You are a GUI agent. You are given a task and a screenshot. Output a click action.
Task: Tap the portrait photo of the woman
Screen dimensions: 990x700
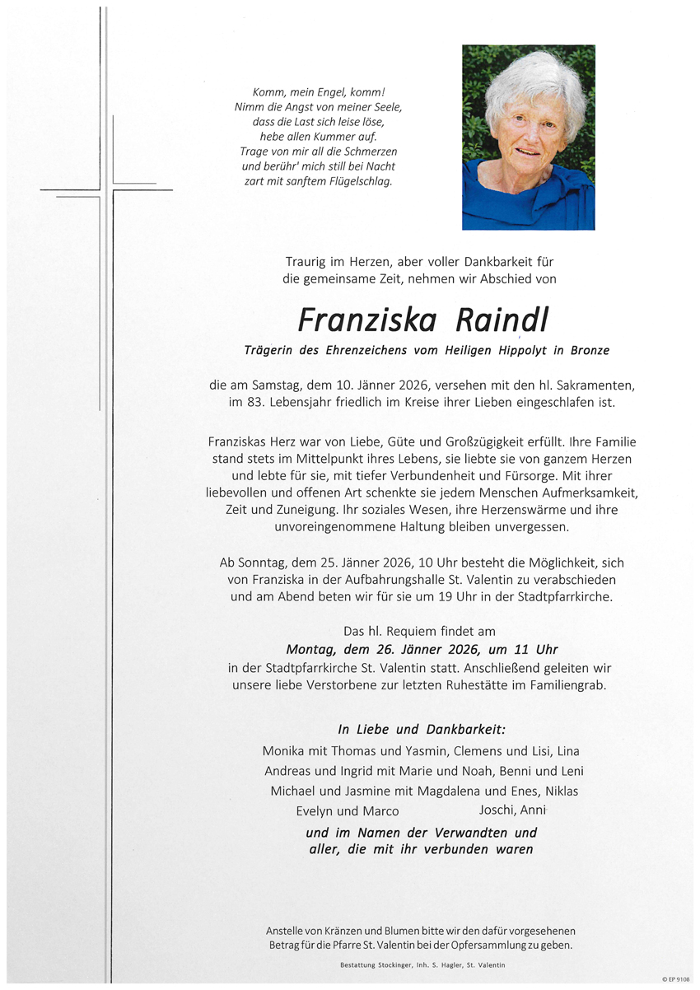[528, 137]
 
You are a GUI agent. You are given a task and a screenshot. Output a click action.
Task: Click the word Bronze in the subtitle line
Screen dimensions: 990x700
[589, 350]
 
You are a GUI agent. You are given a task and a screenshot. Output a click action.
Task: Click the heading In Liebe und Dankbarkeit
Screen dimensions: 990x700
[422, 729]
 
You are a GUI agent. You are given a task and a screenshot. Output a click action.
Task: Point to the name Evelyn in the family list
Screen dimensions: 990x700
[315, 811]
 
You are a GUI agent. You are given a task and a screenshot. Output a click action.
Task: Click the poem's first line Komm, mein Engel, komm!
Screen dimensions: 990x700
[318, 92]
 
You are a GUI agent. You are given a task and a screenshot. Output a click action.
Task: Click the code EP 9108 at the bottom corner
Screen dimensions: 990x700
[678, 978]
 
